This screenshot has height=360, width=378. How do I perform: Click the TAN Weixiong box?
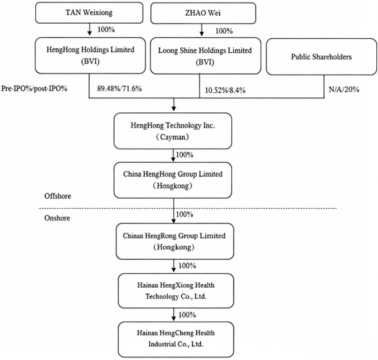89,13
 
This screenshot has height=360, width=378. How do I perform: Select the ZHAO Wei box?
203,13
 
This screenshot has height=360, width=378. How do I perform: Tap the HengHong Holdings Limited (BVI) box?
90,55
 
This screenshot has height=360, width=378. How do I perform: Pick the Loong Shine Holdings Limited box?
206,56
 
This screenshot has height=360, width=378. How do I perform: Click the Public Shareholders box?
322,57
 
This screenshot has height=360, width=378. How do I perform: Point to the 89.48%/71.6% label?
120,89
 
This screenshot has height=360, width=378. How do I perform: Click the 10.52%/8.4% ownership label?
225,90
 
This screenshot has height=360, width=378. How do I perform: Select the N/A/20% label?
344,89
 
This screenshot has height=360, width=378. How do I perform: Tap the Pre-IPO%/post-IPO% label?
34,89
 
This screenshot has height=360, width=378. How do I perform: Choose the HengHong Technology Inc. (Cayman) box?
173,131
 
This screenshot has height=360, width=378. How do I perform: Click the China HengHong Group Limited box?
173,180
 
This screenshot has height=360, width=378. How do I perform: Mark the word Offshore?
58,196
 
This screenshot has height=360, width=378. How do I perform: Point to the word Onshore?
57,218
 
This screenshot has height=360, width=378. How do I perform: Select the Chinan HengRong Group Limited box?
175,241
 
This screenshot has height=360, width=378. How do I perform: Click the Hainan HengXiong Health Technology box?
176,291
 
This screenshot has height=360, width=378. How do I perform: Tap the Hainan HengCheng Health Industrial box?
176,339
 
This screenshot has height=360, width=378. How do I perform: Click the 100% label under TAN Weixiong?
106,29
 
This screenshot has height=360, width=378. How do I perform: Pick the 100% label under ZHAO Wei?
224,31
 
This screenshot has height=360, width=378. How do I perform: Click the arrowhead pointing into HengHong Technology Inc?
174,109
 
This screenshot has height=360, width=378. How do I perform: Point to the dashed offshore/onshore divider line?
188,208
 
